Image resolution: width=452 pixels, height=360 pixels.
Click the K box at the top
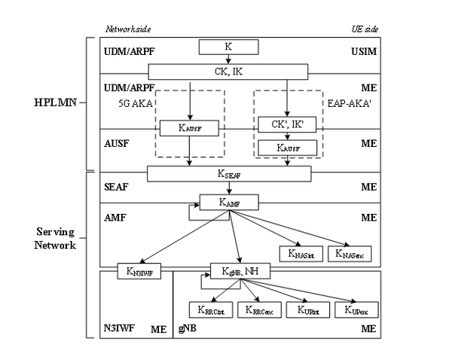click(228, 47)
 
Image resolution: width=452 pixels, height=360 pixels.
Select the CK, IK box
click(228, 72)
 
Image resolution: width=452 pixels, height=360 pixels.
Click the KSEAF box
click(229, 174)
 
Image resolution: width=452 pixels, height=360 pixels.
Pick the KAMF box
click(229, 202)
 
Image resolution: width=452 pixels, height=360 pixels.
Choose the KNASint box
click(299, 254)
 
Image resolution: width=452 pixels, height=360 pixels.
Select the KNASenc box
click(348, 254)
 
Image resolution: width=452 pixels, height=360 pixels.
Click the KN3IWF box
click(136, 270)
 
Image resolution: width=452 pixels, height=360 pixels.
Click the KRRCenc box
click(256, 309)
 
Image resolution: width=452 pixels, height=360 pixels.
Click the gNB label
click(186, 329)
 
